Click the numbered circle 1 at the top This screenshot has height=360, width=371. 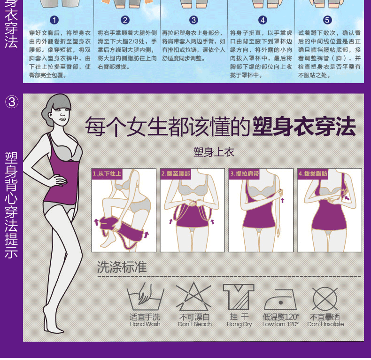pos(54,20)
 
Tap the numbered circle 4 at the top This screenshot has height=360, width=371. pos(263,20)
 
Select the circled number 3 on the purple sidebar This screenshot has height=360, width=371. pos(12,102)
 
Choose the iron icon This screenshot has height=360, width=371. pos(280,298)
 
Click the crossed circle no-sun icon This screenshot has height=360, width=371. pos(325,297)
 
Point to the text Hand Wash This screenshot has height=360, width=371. pos(145,324)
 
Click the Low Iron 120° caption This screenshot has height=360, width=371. pos(280,324)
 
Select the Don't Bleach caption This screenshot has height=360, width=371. pos(194,324)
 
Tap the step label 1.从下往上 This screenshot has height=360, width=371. pos(107,173)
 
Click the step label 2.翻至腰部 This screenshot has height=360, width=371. pos(176,173)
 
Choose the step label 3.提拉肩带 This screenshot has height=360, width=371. pos(244,173)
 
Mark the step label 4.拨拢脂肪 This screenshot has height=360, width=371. pos(313,173)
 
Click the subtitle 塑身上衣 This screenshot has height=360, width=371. pos(214,152)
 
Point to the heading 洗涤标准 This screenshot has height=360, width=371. pos(122,268)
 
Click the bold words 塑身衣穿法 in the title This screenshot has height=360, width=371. pos(304,126)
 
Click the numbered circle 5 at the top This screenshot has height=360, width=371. pos(327,20)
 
